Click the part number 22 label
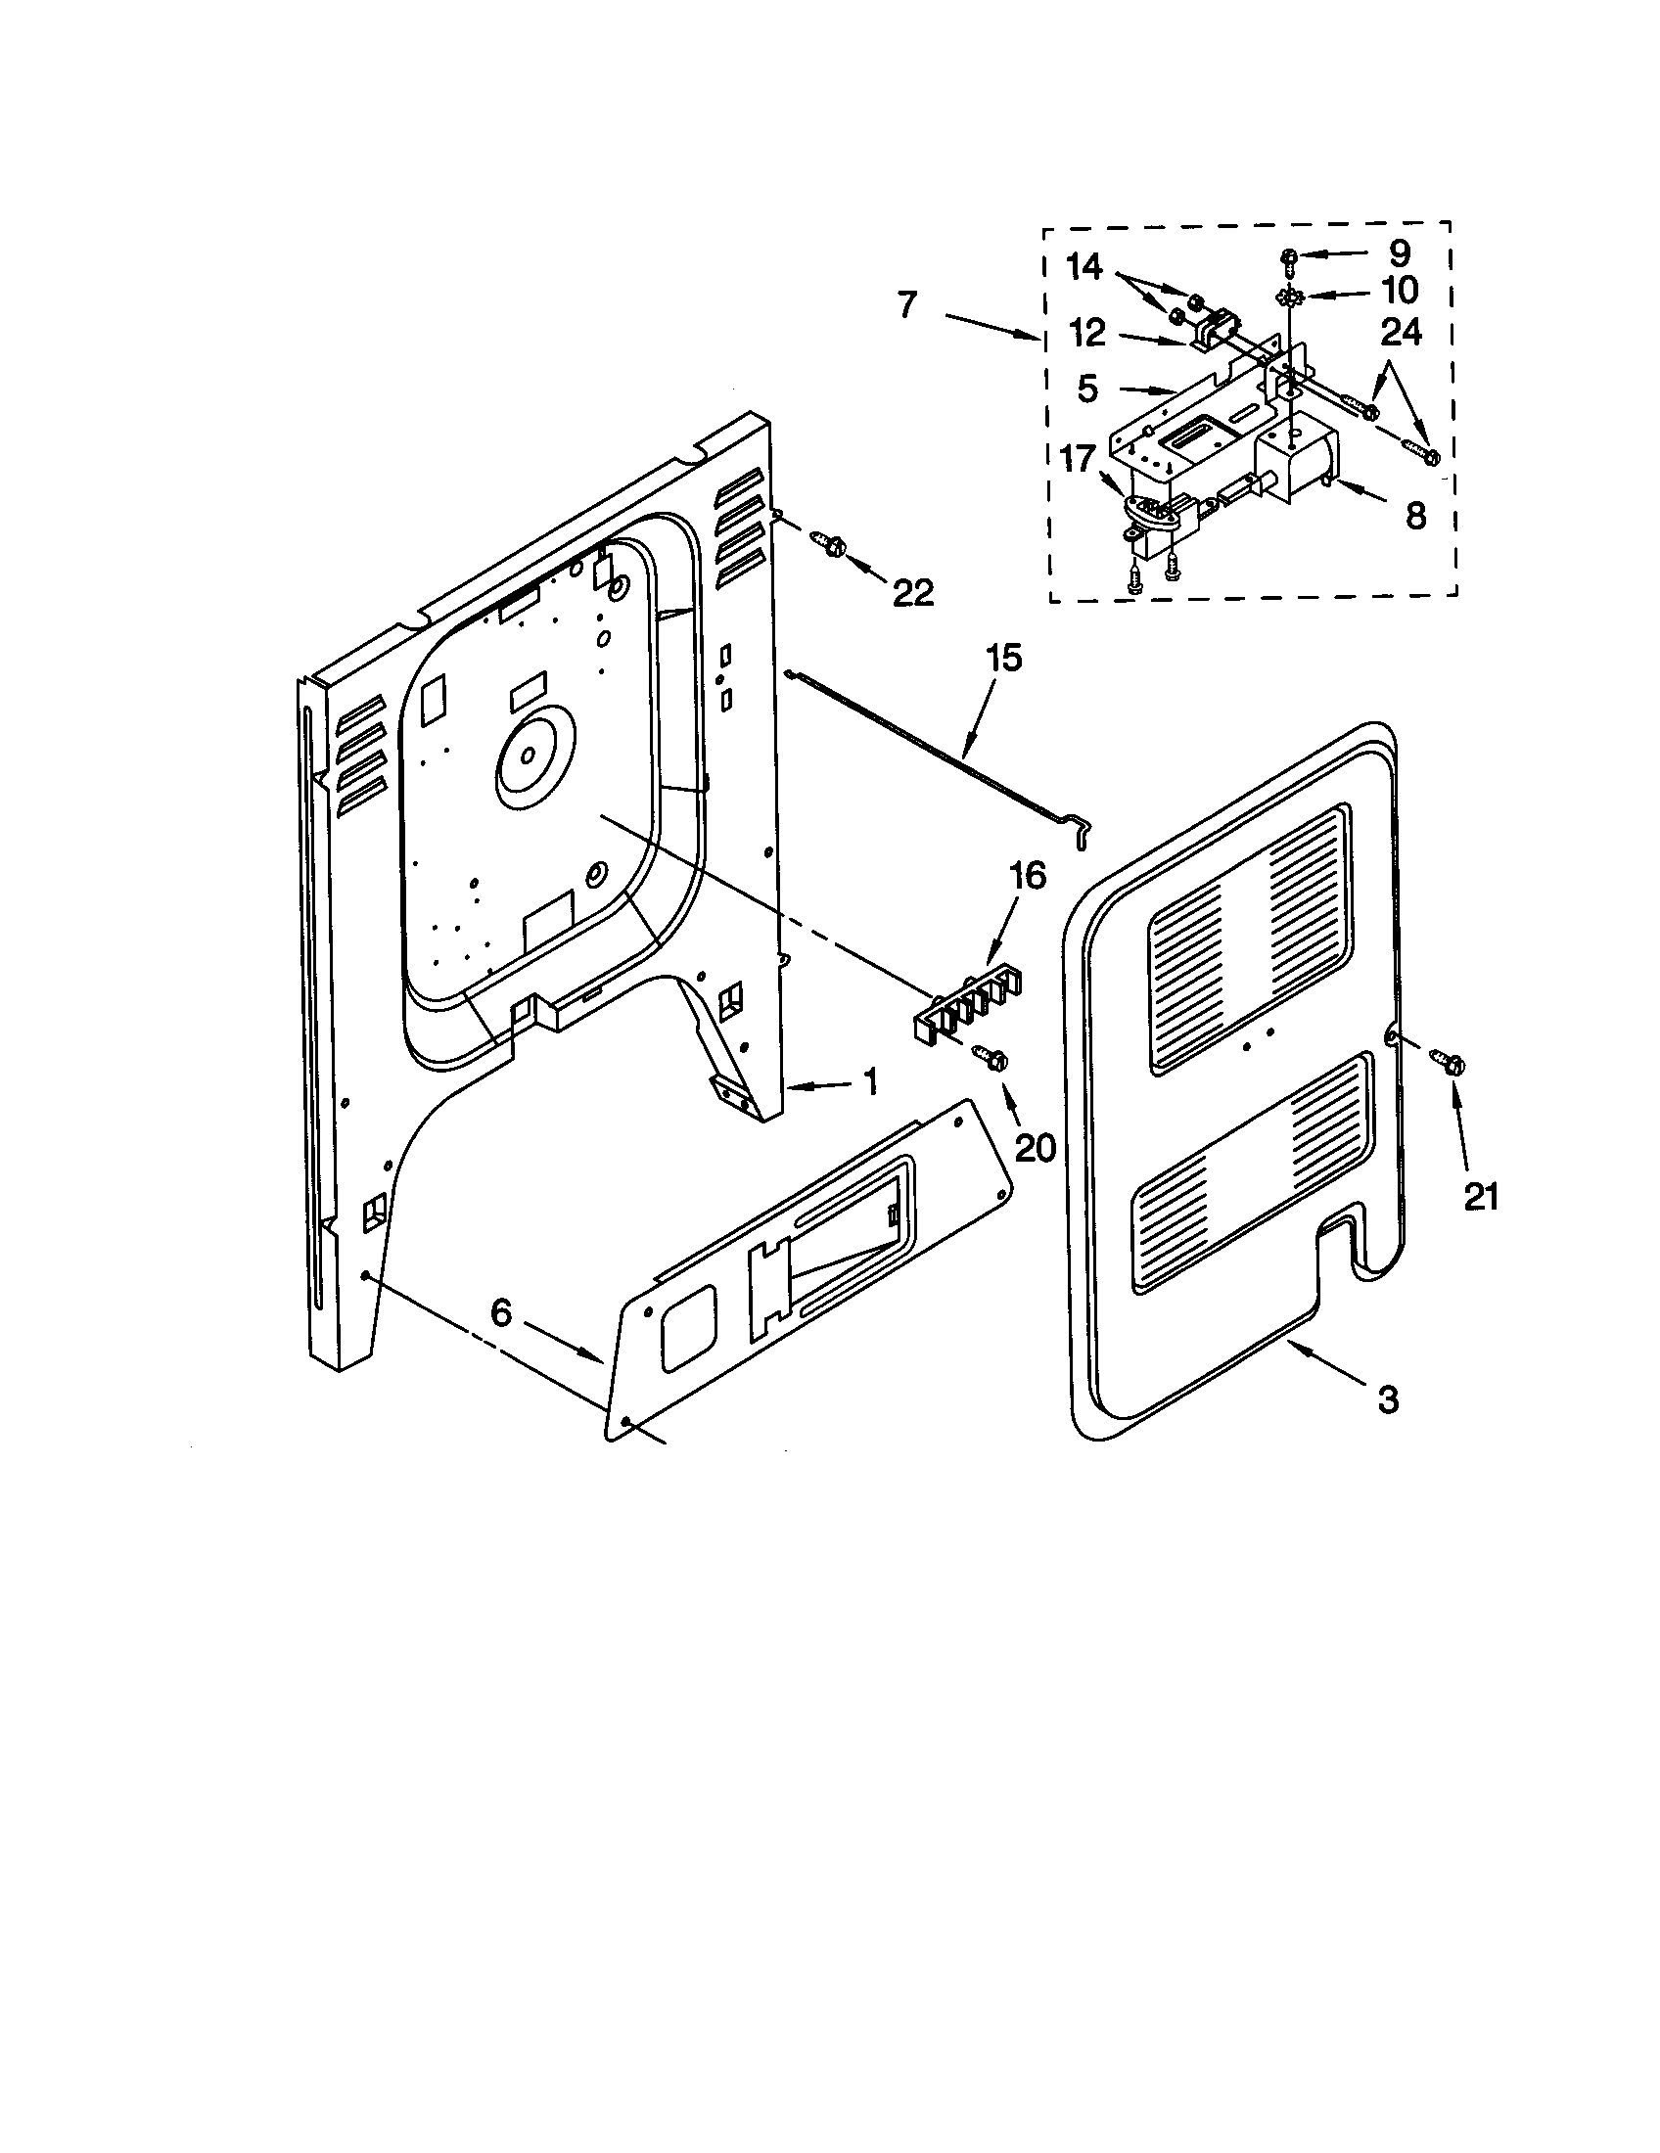pyautogui.click(x=912, y=592)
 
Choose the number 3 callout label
pyautogui.click(x=1388, y=1398)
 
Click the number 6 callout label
pyautogui.click(x=502, y=1313)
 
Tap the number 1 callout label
pyautogui.click(x=869, y=1083)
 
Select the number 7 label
pyautogui.click(x=907, y=304)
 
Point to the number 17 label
pyautogui.click(x=1078, y=459)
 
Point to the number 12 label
pyautogui.click(x=1087, y=333)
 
